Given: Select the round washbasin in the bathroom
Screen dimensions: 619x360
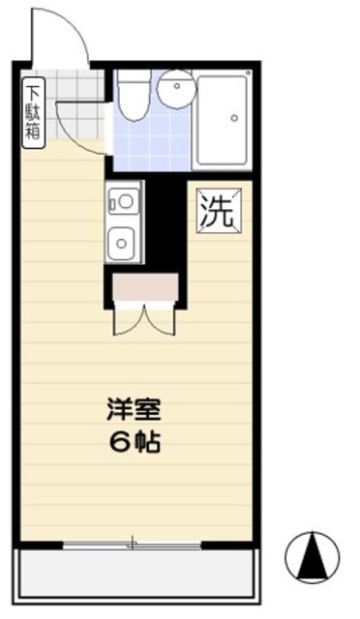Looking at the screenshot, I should click(177, 90).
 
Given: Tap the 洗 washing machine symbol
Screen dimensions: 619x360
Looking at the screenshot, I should click(217, 211).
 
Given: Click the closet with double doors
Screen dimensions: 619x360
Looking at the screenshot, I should click(145, 288).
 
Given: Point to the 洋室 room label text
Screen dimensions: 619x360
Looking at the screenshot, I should click(126, 410).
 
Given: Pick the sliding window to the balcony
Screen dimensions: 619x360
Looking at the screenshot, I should click(135, 545).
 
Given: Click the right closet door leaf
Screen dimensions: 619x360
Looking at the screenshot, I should click(161, 319).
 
